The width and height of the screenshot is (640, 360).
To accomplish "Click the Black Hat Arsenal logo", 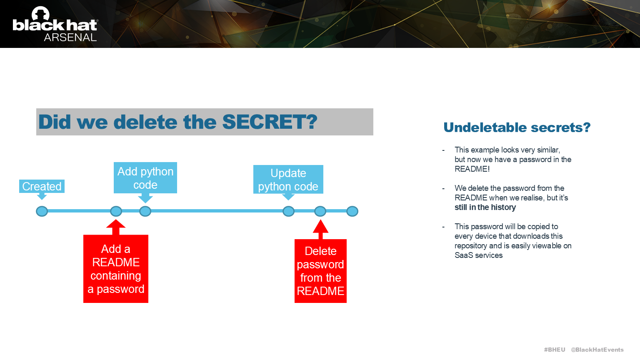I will coord(55,24).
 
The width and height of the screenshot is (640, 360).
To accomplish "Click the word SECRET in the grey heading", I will coord(270,122).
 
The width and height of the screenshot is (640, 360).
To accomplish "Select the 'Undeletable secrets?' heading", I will coord(517,127).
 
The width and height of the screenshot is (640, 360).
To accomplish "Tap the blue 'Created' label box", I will coord(42,186).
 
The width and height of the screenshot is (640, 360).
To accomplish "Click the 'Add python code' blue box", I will coord(145,178).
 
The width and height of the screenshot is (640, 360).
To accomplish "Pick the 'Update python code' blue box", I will coord(288,180).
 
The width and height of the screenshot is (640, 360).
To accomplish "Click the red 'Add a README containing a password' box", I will coord(116,269).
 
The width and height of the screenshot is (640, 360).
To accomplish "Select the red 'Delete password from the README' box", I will coord(320,271).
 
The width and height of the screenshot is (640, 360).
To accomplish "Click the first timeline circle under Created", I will coord(42,211).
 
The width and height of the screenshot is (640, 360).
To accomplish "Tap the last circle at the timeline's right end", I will coord(352,211).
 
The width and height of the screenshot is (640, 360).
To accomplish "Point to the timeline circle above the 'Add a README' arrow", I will coord(116,211).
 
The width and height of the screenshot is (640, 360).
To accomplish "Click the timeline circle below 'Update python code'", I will coord(288,211).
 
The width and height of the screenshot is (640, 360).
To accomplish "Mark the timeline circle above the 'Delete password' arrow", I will coord(320,211).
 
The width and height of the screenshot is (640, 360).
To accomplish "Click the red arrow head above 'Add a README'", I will coord(116,225).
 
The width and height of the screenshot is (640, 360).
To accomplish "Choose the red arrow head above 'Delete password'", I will coord(320,227).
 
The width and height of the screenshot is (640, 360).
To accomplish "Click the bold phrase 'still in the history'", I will coord(485,207).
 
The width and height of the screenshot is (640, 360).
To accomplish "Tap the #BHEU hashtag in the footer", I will coord(554,350).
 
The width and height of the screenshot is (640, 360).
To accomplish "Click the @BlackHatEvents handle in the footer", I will coord(597,350).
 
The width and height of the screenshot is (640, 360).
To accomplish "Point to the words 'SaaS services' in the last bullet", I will coord(478,255).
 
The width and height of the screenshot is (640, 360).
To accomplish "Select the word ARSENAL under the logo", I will coord(70,37).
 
